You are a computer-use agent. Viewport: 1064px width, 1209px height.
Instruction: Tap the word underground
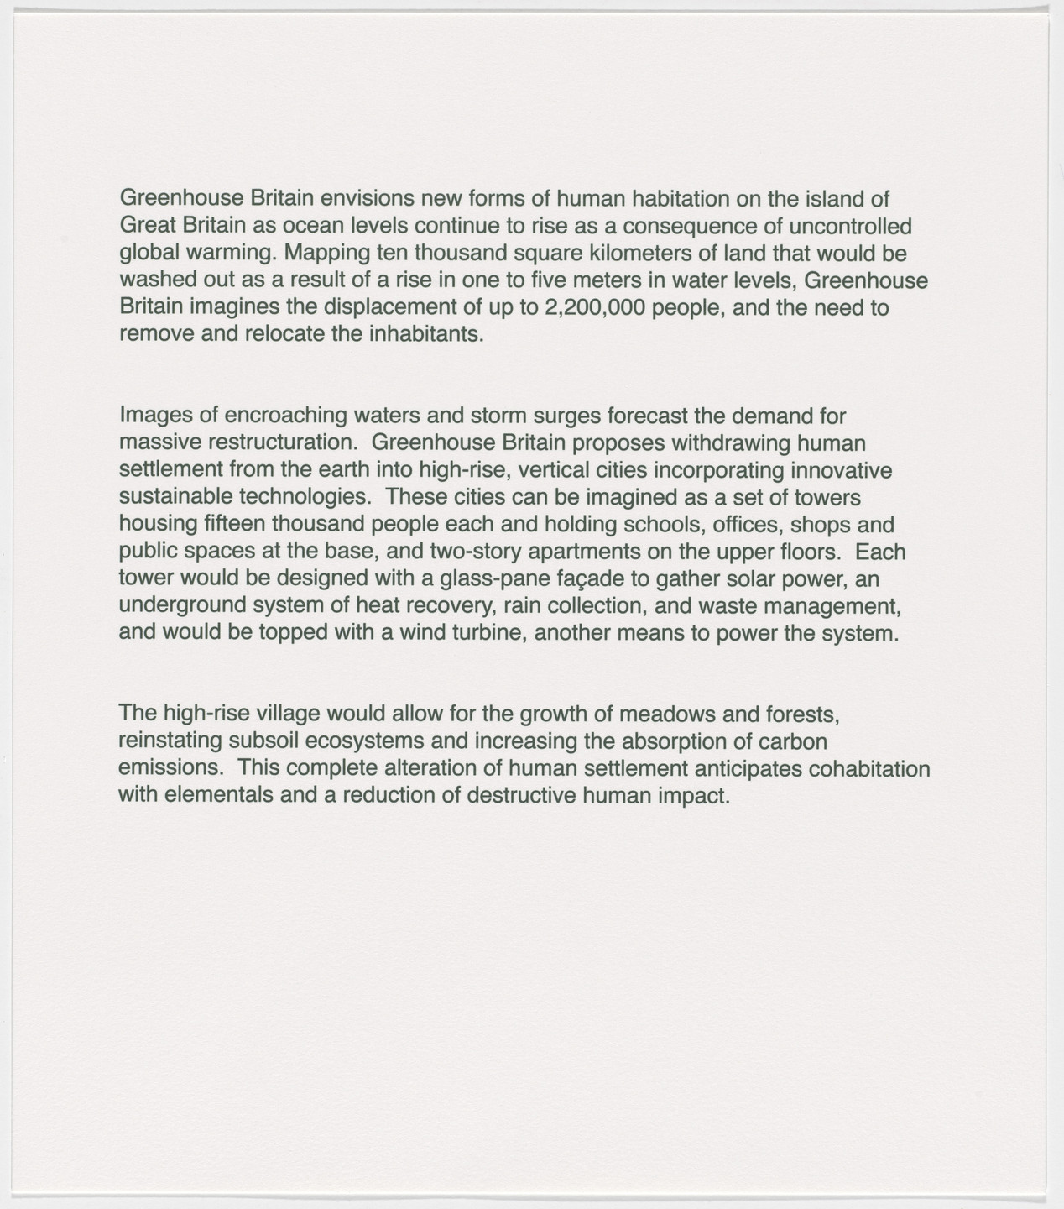click(176, 605)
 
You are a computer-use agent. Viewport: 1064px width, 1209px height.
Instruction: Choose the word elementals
click(219, 795)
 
